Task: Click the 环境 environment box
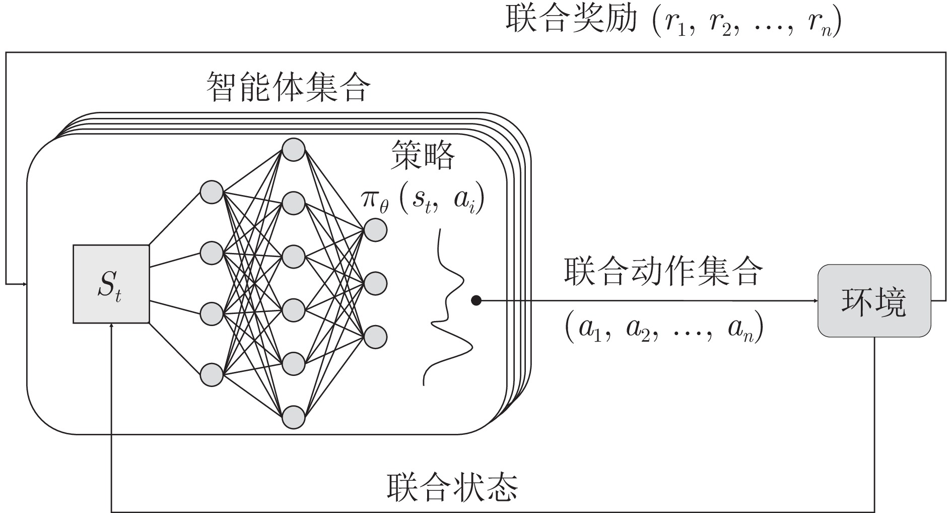(874, 301)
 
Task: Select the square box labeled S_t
(111, 284)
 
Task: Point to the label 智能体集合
(288, 87)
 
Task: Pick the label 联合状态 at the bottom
(452, 486)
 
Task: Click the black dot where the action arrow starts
(475, 301)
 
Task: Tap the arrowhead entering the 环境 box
(814, 301)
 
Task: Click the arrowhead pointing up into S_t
(111, 326)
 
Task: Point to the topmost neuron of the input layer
(212, 192)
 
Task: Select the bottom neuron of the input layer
(212, 375)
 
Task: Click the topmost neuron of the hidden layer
(293, 150)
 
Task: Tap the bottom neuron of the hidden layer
(293, 417)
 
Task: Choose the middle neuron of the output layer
(375, 284)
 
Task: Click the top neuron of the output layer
(375, 230)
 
